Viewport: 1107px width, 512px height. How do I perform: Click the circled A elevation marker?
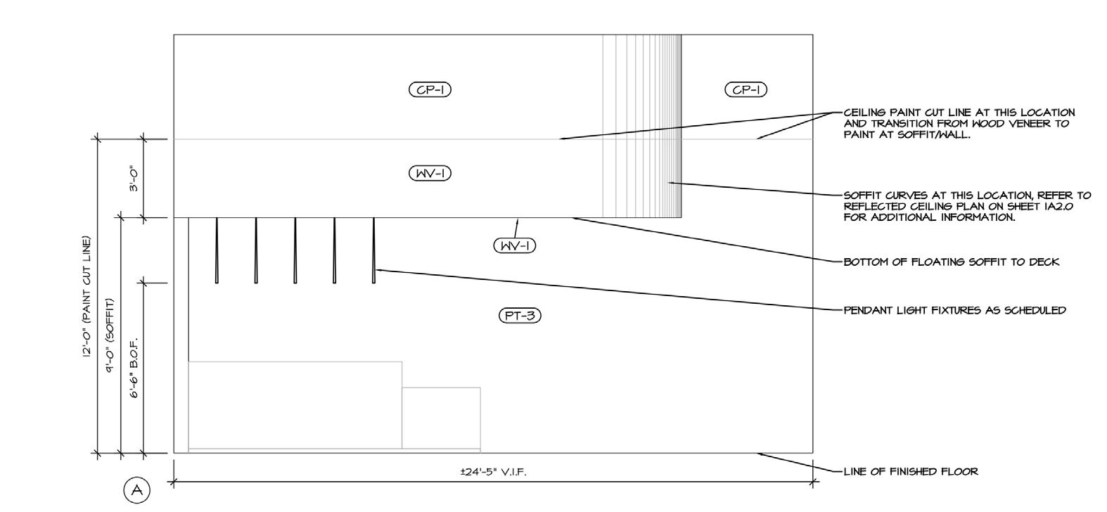tap(136, 489)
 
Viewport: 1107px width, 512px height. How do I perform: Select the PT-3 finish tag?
tap(520, 316)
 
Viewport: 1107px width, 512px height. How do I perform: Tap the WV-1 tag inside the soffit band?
tap(430, 173)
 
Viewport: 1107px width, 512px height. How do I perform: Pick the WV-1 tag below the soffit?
tap(514, 245)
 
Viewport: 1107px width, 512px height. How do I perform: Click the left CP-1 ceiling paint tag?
tap(430, 89)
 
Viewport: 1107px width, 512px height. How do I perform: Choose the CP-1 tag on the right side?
tap(746, 89)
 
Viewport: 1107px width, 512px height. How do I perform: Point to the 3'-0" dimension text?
tap(133, 179)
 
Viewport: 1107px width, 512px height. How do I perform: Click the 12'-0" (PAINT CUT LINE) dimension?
tap(87, 297)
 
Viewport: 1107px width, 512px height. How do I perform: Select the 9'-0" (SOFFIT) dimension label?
tap(110, 335)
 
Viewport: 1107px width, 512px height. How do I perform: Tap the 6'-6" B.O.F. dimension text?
tap(133, 368)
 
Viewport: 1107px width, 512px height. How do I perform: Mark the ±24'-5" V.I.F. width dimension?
tap(492, 471)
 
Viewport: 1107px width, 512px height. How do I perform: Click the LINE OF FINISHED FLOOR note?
tap(910, 471)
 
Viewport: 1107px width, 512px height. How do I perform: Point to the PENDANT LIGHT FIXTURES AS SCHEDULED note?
tap(954, 309)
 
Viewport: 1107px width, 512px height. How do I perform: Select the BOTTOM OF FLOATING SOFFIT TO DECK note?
tap(951, 262)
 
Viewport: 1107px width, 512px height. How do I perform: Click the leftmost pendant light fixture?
tap(217, 250)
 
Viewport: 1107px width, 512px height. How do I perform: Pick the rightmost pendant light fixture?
tap(373, 250)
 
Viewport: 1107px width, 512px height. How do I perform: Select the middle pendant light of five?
tap(295, 250)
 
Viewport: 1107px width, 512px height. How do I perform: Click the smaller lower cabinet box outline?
tap(441, 417)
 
